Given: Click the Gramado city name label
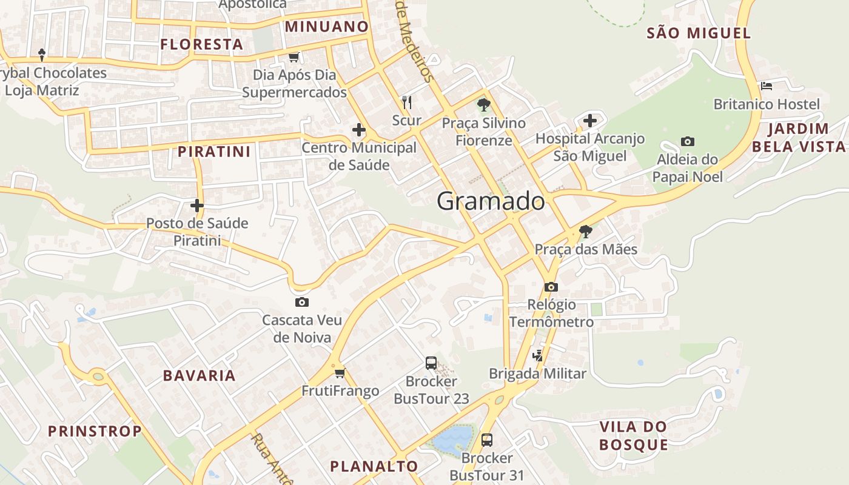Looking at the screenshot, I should click(491, 201).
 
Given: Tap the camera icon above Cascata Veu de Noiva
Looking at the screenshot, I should click(301, 302).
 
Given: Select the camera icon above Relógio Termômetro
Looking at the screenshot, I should click(551, 287).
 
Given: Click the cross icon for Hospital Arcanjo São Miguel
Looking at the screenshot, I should click(590, 121).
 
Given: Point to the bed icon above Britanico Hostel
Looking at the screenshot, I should click(767, 86).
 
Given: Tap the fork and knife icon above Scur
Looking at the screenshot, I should click(407, 102).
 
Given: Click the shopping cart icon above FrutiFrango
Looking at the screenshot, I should click(340, 373).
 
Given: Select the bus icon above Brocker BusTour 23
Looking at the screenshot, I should click(431, 363).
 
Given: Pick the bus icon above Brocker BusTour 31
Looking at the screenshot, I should click(486, 440).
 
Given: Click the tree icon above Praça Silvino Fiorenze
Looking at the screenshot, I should click(483, 105).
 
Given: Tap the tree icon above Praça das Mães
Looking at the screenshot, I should click(585, 231).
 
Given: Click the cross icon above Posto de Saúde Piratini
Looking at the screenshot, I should click(197, 205).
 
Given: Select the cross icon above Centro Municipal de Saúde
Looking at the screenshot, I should click(359, 129).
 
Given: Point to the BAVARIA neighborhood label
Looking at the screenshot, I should click(200, 375).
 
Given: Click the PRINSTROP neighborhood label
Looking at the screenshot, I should click(95, 431).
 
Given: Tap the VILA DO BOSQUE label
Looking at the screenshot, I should click(634, 435).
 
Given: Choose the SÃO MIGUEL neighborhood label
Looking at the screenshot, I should click(699, 33).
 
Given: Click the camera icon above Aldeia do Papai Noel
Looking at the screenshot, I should click(687, 141).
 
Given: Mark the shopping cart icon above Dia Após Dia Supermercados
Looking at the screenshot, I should click(294, 57).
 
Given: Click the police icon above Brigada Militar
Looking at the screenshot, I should click(537, 356).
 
